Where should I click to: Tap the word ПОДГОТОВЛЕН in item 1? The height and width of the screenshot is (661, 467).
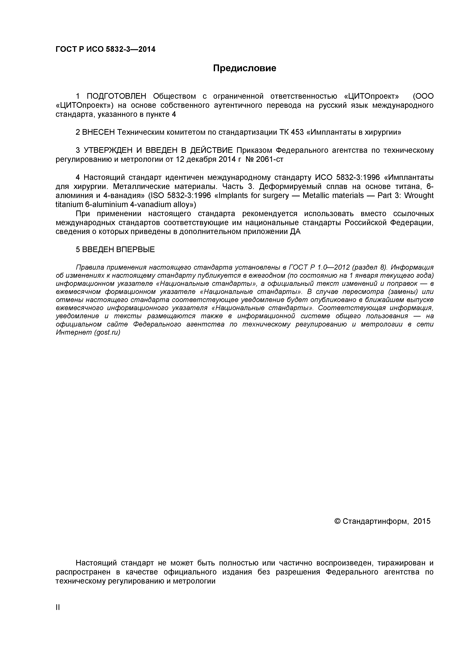[117, 96]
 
